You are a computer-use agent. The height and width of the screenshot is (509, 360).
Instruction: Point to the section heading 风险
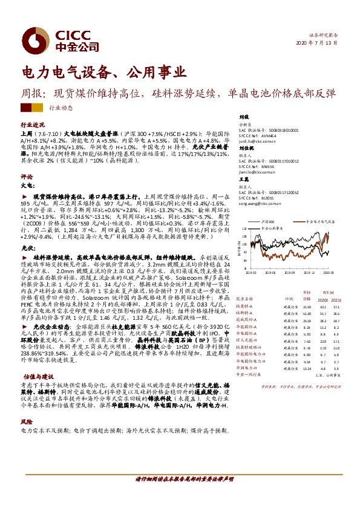(x=26, y=421)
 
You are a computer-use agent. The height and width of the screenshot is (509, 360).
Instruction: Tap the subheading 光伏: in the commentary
(x=25, y=248)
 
